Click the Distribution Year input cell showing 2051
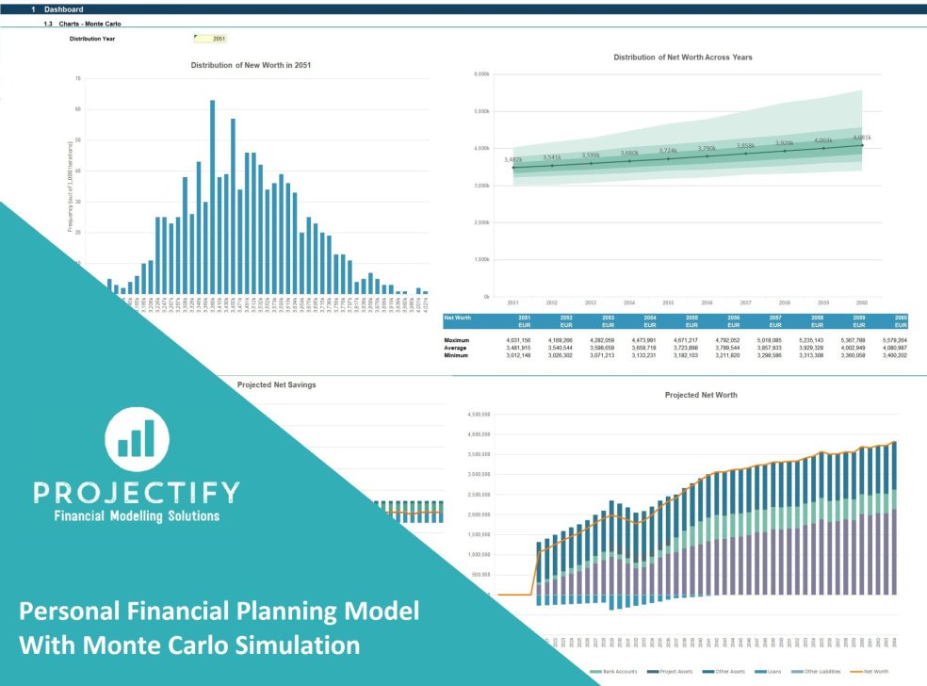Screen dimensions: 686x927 tap(210, 39)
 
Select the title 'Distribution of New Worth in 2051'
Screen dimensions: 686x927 tap(251, 65)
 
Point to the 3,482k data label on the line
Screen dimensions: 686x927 tap(513, 160)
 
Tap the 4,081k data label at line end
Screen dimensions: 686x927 tap(861, 138)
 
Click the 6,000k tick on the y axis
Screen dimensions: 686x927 tap(480, 73)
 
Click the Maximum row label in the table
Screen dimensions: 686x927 tap(458, 339)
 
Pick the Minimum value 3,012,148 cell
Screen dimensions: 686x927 tap(512, 355)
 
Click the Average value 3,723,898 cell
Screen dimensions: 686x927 tap(667, 348)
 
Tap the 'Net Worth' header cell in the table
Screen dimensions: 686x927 tap(457, 318)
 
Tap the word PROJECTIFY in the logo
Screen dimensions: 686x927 tap(136, 492)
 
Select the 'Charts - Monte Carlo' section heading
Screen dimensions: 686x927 tap(89, 23)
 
